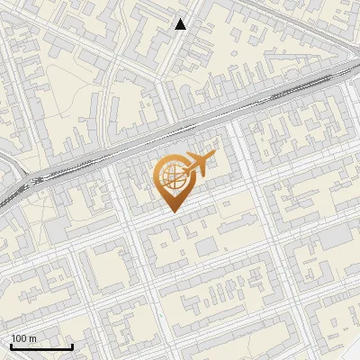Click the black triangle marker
tap(181, 24)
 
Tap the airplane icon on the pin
tap(198, 164)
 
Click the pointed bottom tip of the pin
tap(173, 211)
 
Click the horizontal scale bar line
tap(41, 346)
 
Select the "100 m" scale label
tap(23, 338)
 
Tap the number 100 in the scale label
tap(19, 338)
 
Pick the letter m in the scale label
tap(32, 338)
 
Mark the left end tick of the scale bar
tap(11, 346)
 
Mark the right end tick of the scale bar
tap(72, 346)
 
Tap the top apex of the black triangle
tap(181, 19)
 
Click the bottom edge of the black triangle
tap(181, 29)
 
